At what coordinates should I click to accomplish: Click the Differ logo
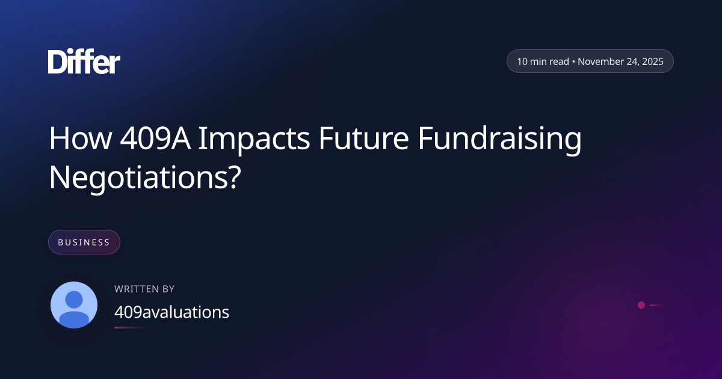84,61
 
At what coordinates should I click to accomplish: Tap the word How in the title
81,138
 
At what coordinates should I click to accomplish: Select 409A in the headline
155,138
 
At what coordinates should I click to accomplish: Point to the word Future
364,138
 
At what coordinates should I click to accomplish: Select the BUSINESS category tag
84,242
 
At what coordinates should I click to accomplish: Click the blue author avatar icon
74,305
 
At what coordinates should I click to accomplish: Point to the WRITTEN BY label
144,289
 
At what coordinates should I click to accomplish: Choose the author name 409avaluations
172,312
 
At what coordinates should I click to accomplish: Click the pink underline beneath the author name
133,327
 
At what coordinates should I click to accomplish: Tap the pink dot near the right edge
641,305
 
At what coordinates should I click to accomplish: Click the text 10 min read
543,61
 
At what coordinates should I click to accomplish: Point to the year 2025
653,61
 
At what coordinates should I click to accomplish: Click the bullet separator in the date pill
573,61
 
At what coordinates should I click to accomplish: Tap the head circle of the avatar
74,300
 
